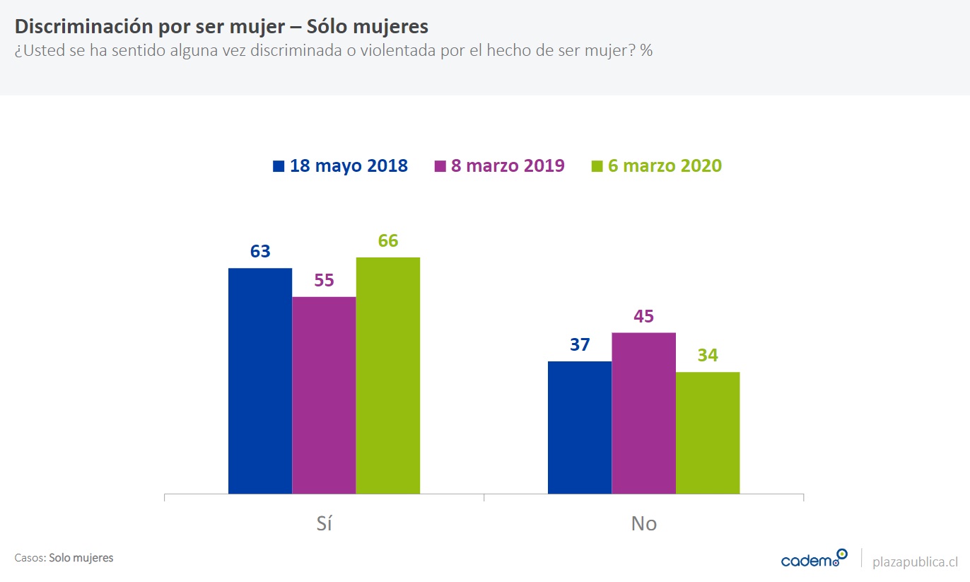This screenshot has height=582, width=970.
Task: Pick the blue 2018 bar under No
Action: click(580, 427)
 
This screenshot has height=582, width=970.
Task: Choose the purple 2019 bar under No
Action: click(643, 413)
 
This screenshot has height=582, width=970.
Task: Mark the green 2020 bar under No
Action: click(708, 433)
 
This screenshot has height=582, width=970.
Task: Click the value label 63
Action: click(260, 251)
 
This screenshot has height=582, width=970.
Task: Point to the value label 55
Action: click(324, 280)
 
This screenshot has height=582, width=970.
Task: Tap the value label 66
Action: click(388, 240)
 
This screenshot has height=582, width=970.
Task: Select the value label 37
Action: click(580, 345)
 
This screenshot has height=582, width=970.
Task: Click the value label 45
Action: click(643, 316)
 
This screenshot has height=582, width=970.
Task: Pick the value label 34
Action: click(708, 356)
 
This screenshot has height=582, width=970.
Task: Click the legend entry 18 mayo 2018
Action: click(340, 166)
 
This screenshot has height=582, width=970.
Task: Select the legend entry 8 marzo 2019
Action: click(499, 166)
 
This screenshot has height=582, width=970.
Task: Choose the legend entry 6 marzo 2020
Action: click(657, 166)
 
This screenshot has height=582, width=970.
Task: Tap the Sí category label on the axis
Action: click(324, 523)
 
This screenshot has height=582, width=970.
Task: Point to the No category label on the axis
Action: click(643, 523)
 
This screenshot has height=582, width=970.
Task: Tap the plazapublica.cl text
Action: click(916, 561)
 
